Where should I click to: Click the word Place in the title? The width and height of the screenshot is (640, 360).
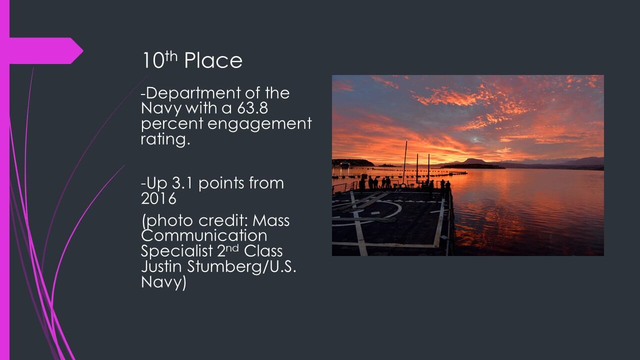pos(213,60)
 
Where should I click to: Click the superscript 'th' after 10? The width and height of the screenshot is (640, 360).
pos(171,56)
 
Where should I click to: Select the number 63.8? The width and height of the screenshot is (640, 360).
pos(252,108)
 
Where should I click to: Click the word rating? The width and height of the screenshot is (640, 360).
pos(165,139)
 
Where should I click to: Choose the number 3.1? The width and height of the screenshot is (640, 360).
pos(182,183)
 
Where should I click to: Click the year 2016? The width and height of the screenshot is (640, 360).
pos(158,198)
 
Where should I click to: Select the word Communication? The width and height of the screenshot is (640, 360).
pos(204,235)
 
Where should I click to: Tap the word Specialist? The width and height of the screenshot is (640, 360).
pos(177,251)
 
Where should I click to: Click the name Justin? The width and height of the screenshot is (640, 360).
pos(161,266)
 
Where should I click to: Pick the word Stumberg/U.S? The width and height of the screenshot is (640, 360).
pos(241,267)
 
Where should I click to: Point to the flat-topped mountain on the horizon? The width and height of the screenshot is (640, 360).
pos(474,161)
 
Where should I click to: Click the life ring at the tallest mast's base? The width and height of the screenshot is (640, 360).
pos(402,186)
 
